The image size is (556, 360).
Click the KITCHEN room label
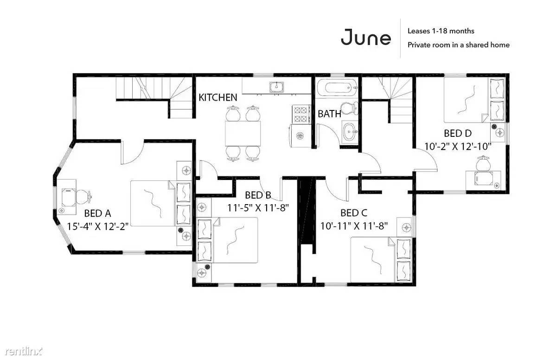(x=218, y=97)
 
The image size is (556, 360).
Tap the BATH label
(x=329, y=114)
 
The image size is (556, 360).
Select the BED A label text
(x=97, y=213)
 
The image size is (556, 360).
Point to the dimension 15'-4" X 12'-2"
(x=97, y=226)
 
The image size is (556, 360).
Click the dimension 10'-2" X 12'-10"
(x=458, y=146)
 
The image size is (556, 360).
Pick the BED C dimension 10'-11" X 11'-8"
(x=354, y=225)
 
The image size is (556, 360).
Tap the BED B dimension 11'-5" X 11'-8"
(x=258, y=207)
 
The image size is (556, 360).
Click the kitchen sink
(x=276, y=87)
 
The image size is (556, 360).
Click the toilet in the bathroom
(x=349, y=108)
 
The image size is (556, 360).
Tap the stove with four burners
(x=300, y=114)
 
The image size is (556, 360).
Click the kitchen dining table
(x=243, y=133)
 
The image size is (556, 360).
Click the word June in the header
(x=366, y=37)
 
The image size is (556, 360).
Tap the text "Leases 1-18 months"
(x=441, y=31)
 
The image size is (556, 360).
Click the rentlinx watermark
(x=23, y=352)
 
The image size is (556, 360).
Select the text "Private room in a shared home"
(x=459, y=45)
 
